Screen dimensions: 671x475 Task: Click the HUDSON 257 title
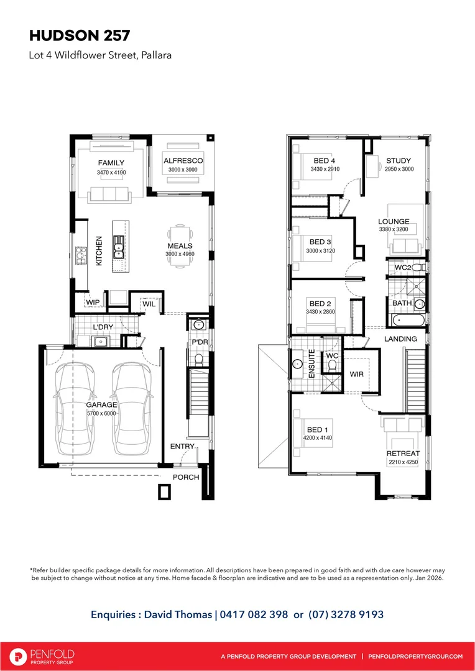(x=80, y=34)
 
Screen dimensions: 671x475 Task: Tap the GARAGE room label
(x=101, y=404)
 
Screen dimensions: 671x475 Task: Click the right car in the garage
(x=132, y=410)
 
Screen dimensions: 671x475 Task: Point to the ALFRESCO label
(x=183, y=161)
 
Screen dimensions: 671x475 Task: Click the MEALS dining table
(x=180, y=246)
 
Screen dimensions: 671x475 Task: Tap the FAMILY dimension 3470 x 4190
(x=111, y=172)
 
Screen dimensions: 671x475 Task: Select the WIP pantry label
(x=93, y=303)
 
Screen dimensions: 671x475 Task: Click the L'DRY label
(x=102, y=327)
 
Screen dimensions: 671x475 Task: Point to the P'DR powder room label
(x=199, y=342)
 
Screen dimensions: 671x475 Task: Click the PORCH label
(x=187, y=477)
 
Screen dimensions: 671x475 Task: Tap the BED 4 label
(x=325, y=161)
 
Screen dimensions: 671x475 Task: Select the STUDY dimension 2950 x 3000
(x=398, y=169)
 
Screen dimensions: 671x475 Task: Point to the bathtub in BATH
(x=407, y=321)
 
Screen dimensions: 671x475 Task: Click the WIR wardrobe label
(x=357, y=375)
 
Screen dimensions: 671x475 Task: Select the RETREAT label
(x=403, y=454)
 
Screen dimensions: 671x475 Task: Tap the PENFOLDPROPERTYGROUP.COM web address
(x=415, y=656)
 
